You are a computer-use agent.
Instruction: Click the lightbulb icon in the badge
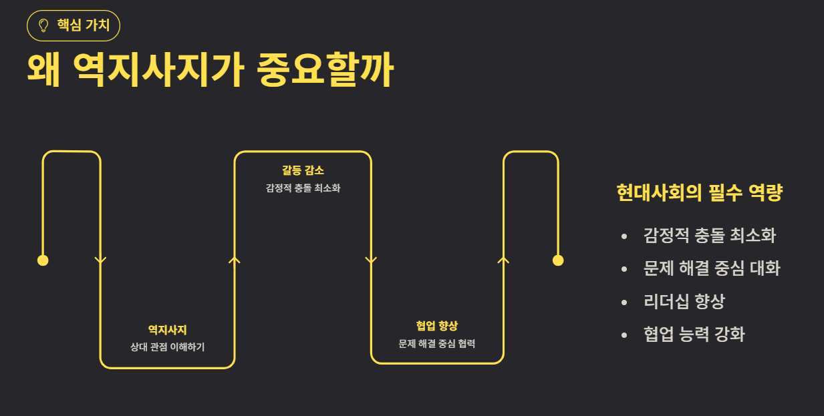(x=44, y=26)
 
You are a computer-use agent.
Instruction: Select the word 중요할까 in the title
(x=325, y=70)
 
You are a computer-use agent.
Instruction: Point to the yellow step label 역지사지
(x=167, y=329)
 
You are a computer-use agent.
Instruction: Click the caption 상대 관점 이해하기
(x=167, y=347)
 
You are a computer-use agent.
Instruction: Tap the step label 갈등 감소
(x=303, y=170)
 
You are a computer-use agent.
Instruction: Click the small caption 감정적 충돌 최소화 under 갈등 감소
(x=303, y=188)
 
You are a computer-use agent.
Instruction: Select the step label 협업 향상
(x=436, y=326)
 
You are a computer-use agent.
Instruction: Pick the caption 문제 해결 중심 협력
(x=436, y=344)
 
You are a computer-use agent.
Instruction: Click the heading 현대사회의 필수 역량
(x=699, y=194)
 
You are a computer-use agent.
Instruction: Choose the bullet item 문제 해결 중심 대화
(x=712, y=268)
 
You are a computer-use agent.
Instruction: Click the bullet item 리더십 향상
(x=684, y=301)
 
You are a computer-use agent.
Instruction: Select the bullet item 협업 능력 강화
(x=694, y=334)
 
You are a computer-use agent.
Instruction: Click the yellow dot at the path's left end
(x=43, y=260)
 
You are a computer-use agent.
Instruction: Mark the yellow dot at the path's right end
(x=558, y=260)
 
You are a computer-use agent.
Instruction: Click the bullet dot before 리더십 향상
(x=624, y=302)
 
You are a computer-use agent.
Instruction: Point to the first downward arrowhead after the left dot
(x=101, y=260)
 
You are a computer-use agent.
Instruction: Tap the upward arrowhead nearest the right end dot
(x=504, y=259)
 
